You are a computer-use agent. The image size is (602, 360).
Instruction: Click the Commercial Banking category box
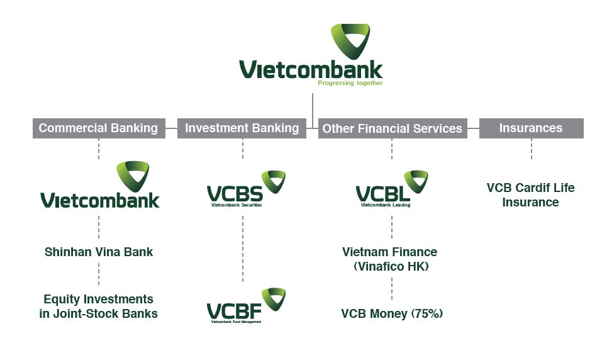point(98,128)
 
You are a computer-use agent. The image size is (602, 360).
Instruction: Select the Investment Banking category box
point(242,128)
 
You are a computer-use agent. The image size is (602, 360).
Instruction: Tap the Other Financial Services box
point(392,128)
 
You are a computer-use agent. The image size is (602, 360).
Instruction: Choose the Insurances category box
point(531,128)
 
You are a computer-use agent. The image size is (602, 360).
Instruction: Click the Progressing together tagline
point(350,83)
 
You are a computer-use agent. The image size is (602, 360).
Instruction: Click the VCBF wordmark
point(233,311)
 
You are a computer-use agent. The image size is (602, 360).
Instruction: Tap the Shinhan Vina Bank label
point(99,252)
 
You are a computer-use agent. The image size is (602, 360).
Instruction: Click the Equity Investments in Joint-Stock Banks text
point(99,306)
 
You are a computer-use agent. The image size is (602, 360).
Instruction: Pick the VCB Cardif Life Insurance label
point(531,194)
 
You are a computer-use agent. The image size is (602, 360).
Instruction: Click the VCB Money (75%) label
point(392,313)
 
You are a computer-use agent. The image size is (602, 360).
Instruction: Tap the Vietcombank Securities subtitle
point(237,205)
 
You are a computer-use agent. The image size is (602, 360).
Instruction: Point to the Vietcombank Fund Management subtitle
point(236,322)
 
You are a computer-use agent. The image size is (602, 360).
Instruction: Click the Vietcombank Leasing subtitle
point(385,205)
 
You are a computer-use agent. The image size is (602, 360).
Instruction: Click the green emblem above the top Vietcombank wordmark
point(350,40)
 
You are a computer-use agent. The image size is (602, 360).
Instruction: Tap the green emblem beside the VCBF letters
point(274,298)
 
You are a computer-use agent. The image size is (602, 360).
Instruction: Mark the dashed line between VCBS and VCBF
point(243,248)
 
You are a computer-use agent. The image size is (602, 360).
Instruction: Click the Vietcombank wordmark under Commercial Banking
point(100,200)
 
